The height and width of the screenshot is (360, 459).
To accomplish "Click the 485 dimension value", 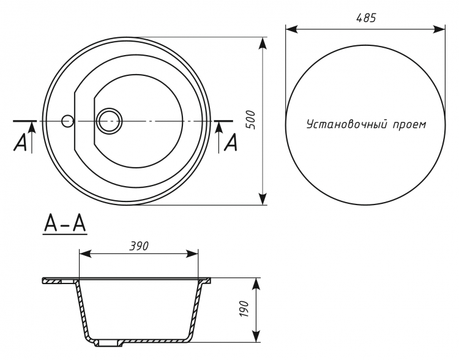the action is (x=366, y=18).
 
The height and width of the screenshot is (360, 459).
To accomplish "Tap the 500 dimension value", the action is (x=251, y=120).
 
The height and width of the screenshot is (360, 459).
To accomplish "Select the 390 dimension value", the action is (x=139, y=246).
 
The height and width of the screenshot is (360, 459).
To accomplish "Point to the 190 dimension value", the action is (x=244, y=309).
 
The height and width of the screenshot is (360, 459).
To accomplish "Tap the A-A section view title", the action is (x=65, y=225).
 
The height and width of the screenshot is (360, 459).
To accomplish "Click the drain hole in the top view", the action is (x=109, y=121).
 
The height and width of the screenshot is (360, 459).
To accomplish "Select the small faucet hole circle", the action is (x=67, y=121).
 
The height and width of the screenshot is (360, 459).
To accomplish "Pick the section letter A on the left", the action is (x=20, y=143).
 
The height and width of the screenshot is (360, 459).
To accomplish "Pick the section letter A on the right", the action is (x=231, y=143).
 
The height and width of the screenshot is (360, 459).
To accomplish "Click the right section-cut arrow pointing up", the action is (x=219, y=137).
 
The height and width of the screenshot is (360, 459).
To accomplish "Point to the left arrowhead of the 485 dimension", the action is (x=291, y=29).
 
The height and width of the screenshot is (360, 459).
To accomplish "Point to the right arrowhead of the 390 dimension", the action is (x=192, y=253).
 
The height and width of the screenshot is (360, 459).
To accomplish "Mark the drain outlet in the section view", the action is (x=108, y=343).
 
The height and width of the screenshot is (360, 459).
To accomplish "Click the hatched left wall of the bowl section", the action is (x=82, y=310).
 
